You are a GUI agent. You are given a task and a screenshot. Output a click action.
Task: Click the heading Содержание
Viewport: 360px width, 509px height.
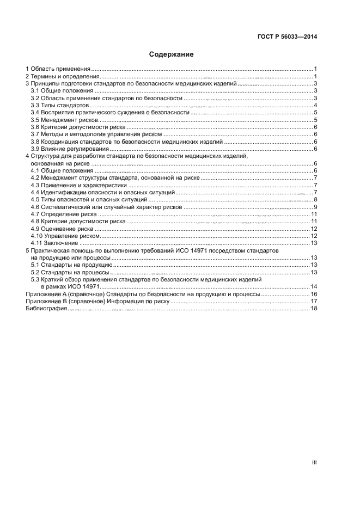click(x=172, y=54)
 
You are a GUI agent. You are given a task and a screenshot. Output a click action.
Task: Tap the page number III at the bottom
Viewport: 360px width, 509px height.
click(x=314, y=463)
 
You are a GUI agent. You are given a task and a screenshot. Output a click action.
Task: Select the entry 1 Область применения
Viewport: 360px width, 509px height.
click(x=58, y=69)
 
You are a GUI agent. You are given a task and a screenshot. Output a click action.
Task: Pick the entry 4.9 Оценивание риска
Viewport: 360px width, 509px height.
click(x=63, y=229)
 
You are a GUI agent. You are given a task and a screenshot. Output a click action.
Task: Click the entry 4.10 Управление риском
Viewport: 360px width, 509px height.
click(x=65, y=236)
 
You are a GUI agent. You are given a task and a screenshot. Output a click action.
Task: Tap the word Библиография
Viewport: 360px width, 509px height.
click(x=47, y=309)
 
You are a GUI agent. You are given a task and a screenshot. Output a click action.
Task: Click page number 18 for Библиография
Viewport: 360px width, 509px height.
click(x=314, y=309)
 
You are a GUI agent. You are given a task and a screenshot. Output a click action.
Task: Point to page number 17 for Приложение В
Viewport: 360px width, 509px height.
click(x=314, y=302)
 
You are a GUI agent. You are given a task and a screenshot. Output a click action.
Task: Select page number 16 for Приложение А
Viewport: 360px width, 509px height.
click(x=314, y=294)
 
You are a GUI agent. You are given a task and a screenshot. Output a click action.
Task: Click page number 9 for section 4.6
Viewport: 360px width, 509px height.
click(x=315, y=207)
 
